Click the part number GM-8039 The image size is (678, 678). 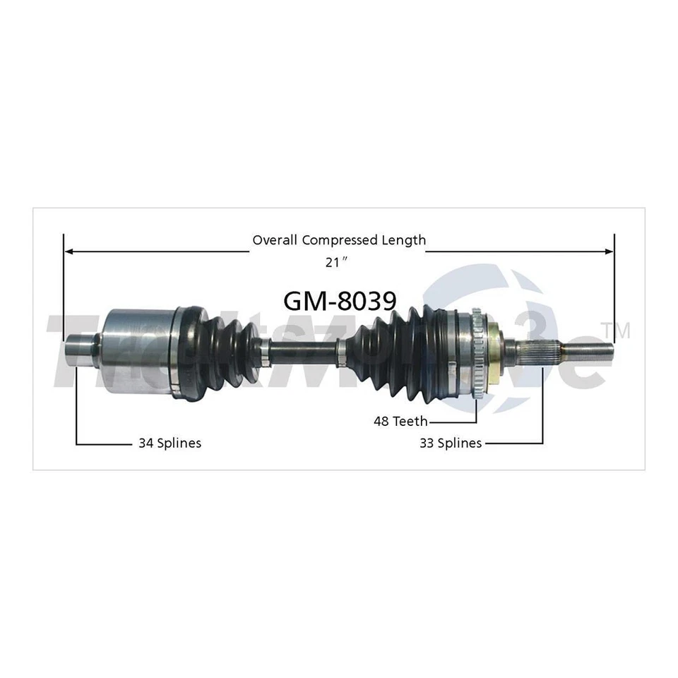(x=339, y=301)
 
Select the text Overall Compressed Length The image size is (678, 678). (x=339, y=240)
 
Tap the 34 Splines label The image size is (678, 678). (x=169, y=443)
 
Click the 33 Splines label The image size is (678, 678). (x=450, y=443)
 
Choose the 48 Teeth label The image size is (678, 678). (x=400, y=421)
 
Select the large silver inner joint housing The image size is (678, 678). (x=138, y=350)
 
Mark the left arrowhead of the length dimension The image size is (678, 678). (x=69, y=251)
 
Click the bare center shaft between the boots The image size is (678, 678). (x=304, y=351)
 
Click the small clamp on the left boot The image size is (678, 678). (x=264, y=351)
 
